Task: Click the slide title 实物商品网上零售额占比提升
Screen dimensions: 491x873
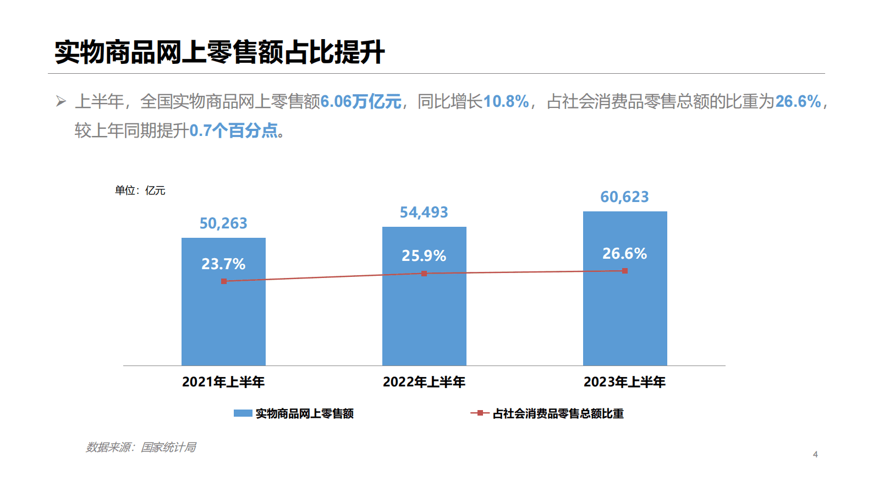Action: point(219,53)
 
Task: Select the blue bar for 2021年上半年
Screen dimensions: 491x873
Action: point(223,319)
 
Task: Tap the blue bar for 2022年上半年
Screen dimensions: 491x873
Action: point(424,319)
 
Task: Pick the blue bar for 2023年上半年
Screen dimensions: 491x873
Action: point(625,319)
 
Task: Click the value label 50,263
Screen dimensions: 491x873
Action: point(223,223)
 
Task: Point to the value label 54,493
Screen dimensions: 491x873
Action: point(424,212)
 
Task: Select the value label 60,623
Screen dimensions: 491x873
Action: point(624,197)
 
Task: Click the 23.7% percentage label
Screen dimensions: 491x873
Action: point(223,264)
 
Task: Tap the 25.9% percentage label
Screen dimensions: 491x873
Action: point(424,256)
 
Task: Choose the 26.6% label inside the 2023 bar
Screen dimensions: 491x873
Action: point(624,254)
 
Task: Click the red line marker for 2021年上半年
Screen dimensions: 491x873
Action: point(224,281)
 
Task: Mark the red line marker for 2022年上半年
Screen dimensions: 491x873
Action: point(424,274)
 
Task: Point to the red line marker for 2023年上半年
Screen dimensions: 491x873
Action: point(625,271)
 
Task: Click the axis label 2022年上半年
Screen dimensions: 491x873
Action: point(424,382)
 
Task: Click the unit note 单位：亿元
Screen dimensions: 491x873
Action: point(140,190)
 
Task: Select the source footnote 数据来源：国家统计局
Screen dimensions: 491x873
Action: point(141,448)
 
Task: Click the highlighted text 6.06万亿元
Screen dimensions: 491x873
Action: point(361,102)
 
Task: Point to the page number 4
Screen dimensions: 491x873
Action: point(815,455)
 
